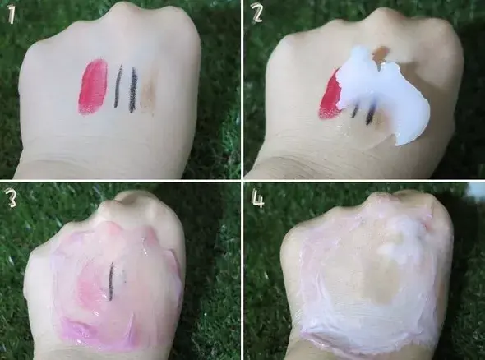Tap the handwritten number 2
pyautogui.click(x=257, y=14)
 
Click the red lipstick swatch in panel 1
pyautogui.click(x=94, y=85)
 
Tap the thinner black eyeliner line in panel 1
pyautogui.click(x=118, y=86)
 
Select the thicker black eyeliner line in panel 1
pyautogui.click(x=133, y=89)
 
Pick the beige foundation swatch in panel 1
pyautogui.click(x=149, y=92)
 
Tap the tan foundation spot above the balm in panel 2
pyautogui.click(x=381, y=53)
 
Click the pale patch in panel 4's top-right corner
pyautogui.click(x=476, y=189)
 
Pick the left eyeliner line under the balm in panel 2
pyautogui.click(x=355, y=111)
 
